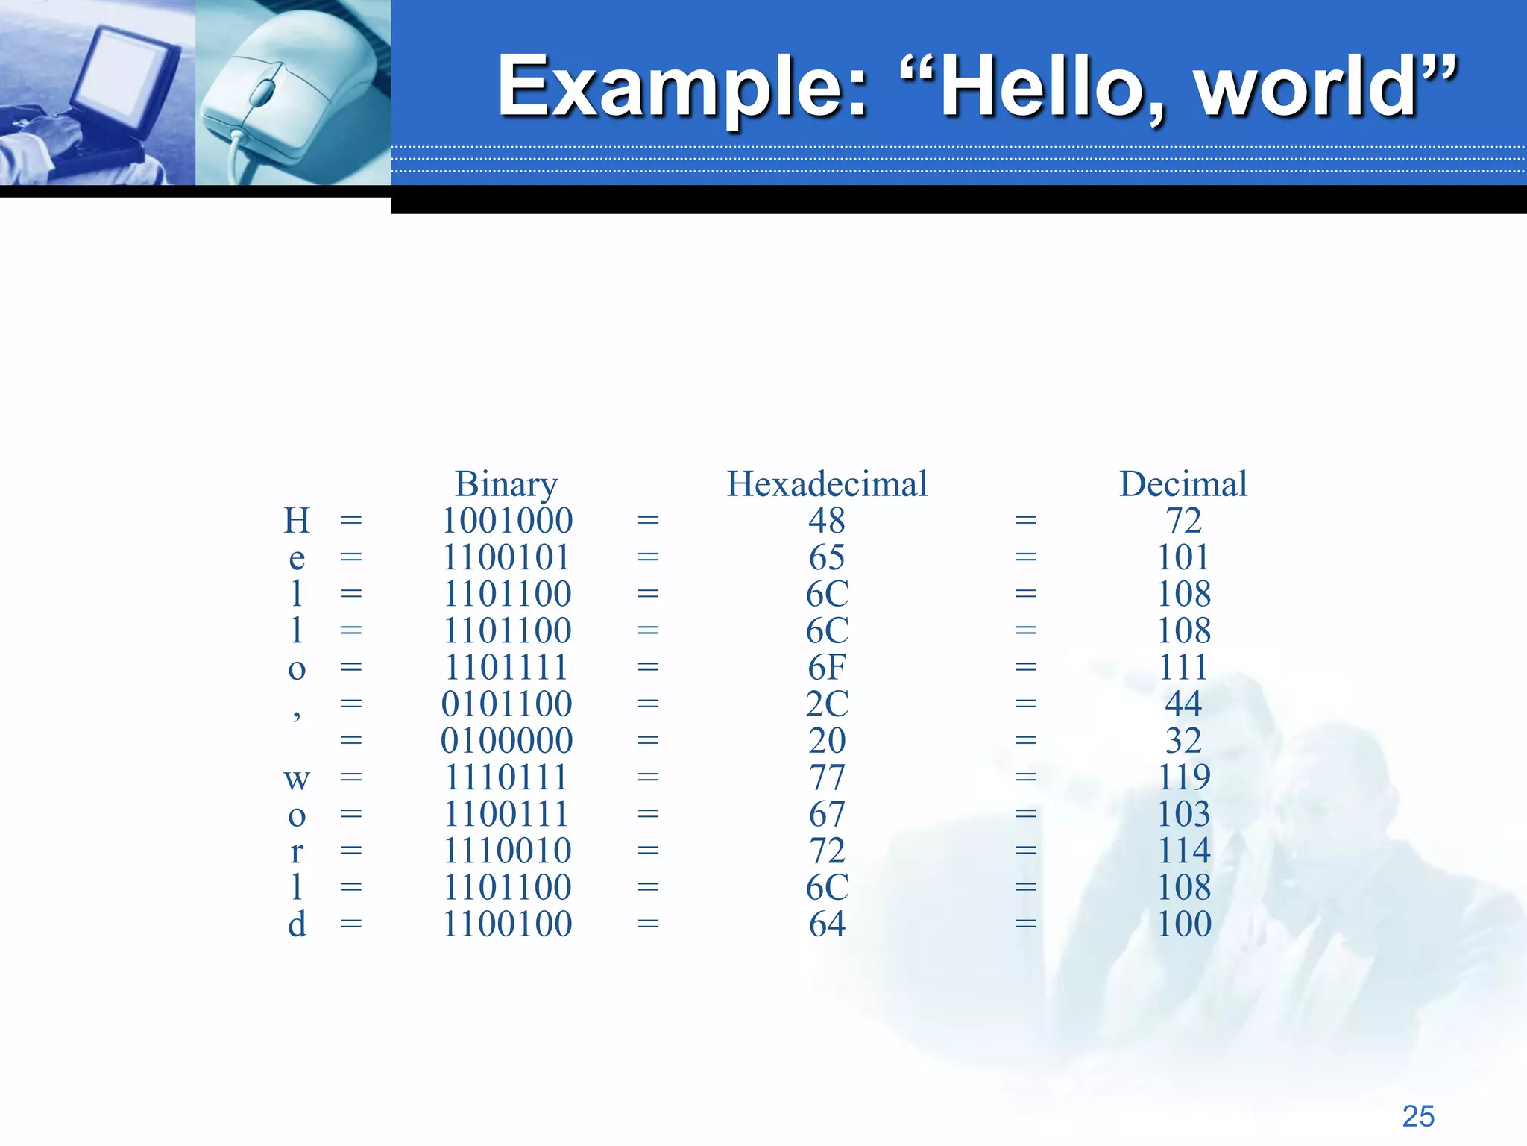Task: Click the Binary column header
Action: click(x=506, y=484)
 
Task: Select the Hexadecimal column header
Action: click(x=827, y=484)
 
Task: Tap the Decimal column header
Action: click(x=1183, y=484)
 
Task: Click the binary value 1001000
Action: click(x=507, y=521)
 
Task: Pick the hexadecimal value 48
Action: click(x=827, y=521)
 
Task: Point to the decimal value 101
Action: click(x=1183, y=557)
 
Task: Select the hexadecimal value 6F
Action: click(x=827, y=667)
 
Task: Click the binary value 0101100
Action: click(x=507, y=704)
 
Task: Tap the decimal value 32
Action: click(x=1183, y=740)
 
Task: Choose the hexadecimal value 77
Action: click(x=827, y=777)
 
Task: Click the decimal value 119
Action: click(x=1183, y=777)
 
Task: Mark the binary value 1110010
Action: click(x=507, y=851)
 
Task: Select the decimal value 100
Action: click(x=1183, y=924)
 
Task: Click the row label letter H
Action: click(x=297, y=521)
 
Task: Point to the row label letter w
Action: click(x=297, y=779)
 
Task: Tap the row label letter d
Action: click(x=297, y=924)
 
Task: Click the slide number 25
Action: click(x=1418, y=1116)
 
